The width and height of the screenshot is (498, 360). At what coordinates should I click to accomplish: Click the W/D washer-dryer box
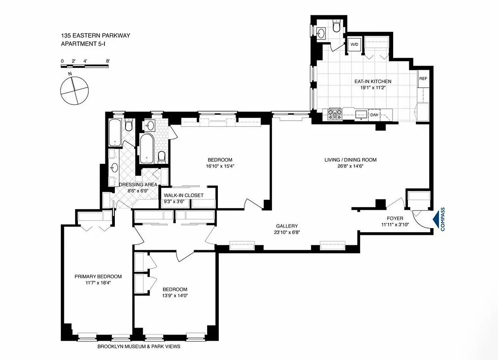[x=354, y=45]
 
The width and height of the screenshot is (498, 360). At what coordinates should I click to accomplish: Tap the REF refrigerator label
[x=423, y=78]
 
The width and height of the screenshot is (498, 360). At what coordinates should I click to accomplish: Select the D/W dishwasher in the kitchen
[x=374, y=115]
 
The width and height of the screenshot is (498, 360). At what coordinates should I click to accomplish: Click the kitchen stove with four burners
[x=335, y=114]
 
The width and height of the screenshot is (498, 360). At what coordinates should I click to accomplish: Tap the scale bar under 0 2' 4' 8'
[x=85, y=66]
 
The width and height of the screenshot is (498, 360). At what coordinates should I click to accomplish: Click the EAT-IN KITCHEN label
[x=372, y=81]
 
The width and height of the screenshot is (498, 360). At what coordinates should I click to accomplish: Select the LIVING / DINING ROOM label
[x=350, y=160]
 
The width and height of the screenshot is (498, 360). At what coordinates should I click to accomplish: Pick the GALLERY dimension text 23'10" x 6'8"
[x=287, y=233]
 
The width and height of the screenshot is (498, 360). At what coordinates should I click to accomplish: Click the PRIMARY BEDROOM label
[x=98, y=276]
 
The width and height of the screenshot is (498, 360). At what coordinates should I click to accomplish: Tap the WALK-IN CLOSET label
[x=183, y=195]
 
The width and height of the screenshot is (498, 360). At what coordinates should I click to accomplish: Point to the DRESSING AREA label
[x=138, y=184]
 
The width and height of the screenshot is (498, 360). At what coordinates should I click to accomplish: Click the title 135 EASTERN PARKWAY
[x=95, y=35]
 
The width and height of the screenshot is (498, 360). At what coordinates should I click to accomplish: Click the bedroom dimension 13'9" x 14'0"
[x=175, y=296]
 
